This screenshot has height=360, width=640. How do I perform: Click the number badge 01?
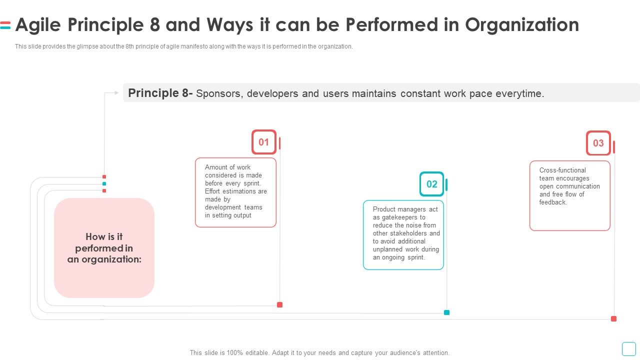[x=263, y=142]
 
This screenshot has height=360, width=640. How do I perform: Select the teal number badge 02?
[x=431, y=184]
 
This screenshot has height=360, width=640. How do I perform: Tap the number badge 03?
[x=598, y=143]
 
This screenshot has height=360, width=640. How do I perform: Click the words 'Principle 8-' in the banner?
[x=160, y=93]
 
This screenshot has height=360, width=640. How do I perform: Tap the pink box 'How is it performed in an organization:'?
[x=104, y=248]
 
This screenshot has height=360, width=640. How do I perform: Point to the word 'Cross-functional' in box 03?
[x=562, y=170]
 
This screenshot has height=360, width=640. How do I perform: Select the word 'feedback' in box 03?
[x=552, y=202]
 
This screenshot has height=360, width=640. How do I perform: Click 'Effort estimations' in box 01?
[x=235, y=191]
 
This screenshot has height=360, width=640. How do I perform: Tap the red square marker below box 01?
[x=279, y=304]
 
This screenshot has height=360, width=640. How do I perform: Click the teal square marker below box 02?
[x=446, y=312]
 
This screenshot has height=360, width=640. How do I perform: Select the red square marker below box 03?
[x=613, y=318]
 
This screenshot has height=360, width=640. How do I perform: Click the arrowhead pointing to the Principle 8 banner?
[x=117, y=92]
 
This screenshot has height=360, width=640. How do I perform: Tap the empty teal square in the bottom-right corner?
[x=628, y=348]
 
